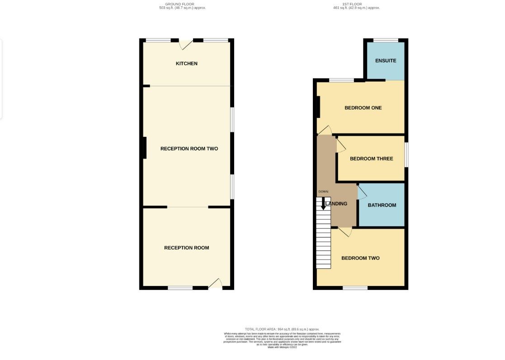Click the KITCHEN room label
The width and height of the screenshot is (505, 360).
[186, 64]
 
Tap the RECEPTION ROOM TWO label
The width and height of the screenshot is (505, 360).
[189, 149]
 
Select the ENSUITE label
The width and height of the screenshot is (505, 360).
[386, 61]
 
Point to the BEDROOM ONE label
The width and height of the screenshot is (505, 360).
[363, 108]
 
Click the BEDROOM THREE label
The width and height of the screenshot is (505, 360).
[371, 159]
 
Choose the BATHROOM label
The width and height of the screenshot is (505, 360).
[382, 205]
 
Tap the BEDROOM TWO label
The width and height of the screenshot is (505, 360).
[360, 258]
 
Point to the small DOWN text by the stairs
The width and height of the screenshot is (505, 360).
[323, 192]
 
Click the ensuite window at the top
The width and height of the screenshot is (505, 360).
[386, 40]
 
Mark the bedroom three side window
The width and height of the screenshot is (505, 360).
[406, 155]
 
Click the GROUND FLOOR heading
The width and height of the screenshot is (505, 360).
[179, 4]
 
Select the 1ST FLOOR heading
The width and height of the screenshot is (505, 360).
[356, 4]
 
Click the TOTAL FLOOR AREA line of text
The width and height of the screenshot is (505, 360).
[282, 329]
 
